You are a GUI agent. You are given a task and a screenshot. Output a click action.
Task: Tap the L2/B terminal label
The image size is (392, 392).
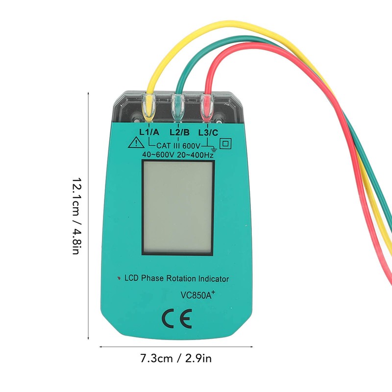click(179, 132)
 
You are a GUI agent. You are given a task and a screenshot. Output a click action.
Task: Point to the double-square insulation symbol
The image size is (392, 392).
click(226, 144)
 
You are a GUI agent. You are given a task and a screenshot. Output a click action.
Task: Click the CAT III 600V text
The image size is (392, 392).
click(178, 146)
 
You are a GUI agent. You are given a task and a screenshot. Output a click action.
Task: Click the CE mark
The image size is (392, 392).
click(177, 319)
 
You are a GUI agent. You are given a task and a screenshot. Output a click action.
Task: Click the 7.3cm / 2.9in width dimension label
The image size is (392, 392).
click(177, 359)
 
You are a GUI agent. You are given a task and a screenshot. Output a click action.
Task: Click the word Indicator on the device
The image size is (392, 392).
click(212, 279)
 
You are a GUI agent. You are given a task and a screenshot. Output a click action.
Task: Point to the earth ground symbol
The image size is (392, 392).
click(212, 147)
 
